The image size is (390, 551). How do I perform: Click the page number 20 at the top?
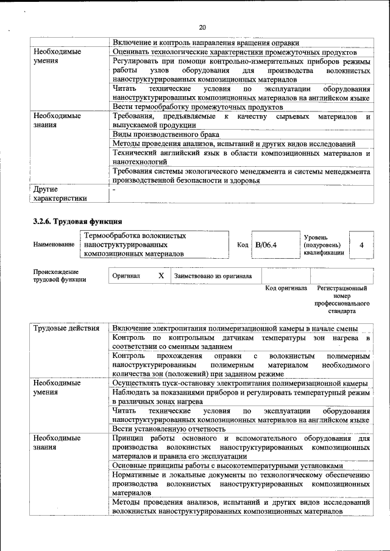coord(202,27)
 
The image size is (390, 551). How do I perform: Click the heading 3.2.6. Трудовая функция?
coord(78,221)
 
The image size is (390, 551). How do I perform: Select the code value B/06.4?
coord(266,245)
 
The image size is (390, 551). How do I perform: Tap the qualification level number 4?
coord(362,245)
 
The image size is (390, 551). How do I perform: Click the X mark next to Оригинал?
coord(161,276)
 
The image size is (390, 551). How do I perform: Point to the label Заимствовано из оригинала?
coord(213,276)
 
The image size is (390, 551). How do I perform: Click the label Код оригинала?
coord(286,288)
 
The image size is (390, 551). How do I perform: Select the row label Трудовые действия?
coord(66,329)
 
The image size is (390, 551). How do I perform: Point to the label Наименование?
coord(54,245)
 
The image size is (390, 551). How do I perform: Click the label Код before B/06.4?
coord(243,245)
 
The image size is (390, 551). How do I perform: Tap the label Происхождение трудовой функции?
coord(60,276)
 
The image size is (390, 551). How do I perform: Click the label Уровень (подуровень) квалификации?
coord(323,245)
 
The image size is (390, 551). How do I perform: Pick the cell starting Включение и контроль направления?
coord(206,43)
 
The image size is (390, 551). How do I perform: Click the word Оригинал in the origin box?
coord(126,276)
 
